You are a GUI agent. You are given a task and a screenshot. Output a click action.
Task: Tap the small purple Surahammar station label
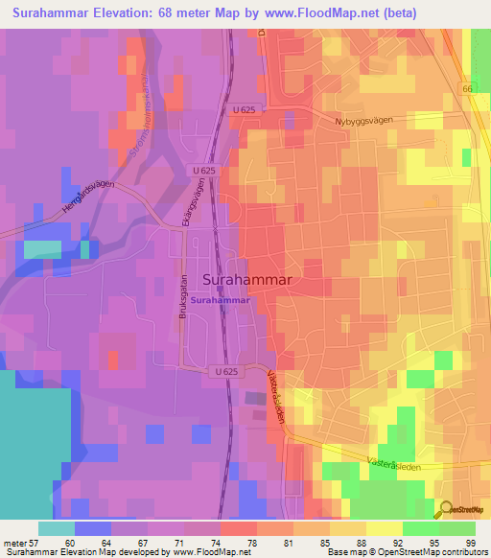point(222,300)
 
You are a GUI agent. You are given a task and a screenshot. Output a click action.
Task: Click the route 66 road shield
point(467,89)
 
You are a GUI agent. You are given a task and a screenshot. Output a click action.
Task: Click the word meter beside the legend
point(13,542)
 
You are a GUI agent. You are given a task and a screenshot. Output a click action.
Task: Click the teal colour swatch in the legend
point(56,528)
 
